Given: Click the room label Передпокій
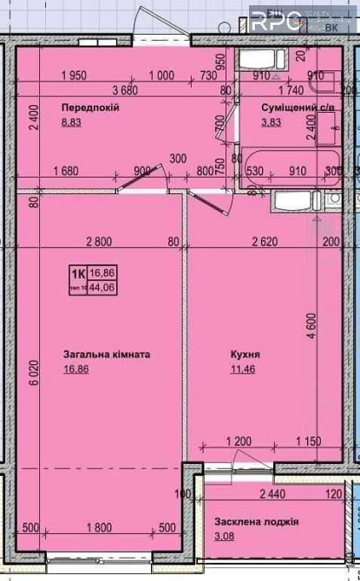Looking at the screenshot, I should [89, 107].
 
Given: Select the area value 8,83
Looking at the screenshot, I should [70, 124].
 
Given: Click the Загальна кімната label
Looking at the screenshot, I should [107, 355].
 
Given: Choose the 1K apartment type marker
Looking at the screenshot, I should [77, 272].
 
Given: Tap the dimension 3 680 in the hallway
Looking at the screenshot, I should [126, 89].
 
